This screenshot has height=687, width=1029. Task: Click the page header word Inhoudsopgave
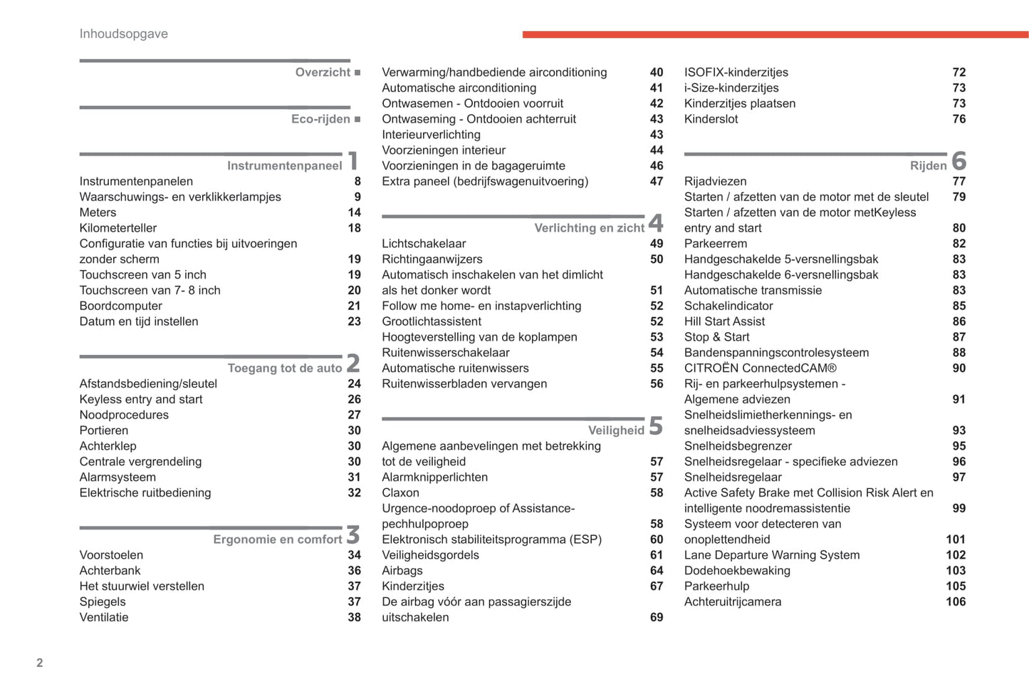click(123, 33)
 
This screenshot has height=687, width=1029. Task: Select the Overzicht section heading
click(323, 72)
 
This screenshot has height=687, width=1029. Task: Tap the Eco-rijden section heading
click(320, 119)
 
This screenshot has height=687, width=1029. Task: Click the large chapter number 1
click(353, 161)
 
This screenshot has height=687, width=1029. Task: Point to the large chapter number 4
click(656, 223)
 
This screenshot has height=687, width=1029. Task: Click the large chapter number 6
click(959, 161)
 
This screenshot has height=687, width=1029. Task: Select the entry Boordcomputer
click(121, 306)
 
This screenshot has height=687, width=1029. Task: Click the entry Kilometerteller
click(118, 228)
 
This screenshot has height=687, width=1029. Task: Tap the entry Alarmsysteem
click(117, 477)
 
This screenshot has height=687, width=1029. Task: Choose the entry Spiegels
click(103, 601)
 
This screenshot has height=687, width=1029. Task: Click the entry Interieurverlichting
click(431, 135)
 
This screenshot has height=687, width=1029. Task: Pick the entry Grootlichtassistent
click(432, 321)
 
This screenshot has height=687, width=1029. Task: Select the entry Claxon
click(400, 492)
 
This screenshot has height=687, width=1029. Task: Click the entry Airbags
click(402, 570)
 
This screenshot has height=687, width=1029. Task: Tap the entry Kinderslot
click(711, 119)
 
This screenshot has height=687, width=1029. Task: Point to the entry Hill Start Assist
click(724, 321)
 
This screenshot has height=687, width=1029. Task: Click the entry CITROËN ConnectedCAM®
click(760, 368)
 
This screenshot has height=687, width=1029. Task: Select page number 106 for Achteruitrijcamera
click(955, 601)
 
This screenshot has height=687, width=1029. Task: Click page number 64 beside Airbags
click(656, 570)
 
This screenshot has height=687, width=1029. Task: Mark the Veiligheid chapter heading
click(616, 430)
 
